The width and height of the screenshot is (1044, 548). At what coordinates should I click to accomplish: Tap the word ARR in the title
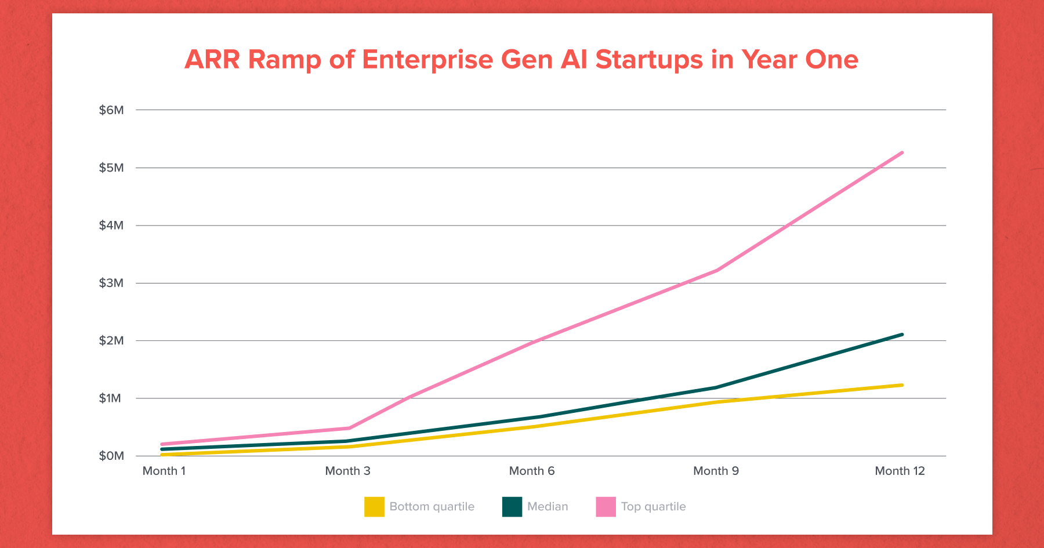pyautogui.click(x=212, y=60)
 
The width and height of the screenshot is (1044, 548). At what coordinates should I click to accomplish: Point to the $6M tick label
pyautogui.click(x=111, y=110)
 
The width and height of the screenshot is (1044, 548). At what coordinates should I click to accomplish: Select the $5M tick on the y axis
pyautogui.click(x=111, y=168)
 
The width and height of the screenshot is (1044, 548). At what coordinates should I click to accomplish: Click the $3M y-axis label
pyautogui.click(x=111, y=283)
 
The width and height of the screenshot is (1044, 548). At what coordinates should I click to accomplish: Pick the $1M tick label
pyautogui.click(x=110, y=398)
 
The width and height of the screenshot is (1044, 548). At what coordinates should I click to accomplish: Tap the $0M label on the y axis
pyautogui.click(x=111, y=456)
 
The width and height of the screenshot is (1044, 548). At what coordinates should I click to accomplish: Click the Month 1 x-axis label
pyautogui.click(x=164, y=471)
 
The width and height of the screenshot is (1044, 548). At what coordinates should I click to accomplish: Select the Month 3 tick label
pyautogui.click(x=347, y=471)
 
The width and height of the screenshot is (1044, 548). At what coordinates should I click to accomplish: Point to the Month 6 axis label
pyautogui.click(x=532, y=471)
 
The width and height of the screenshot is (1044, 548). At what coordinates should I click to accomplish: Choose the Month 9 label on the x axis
pyautogui.click(x=716, y=471)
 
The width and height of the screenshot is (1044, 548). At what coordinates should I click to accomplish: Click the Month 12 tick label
pyautogui.click(x=900, y=471)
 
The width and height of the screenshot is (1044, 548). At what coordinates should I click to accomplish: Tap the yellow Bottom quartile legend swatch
pyautogui.click(x=374, y=507)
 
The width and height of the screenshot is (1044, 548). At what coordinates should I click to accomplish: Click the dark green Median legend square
pyautogui.click(x=512, y=507)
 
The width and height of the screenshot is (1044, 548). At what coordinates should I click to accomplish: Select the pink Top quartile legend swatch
pyautogui.click(x=606, y=507)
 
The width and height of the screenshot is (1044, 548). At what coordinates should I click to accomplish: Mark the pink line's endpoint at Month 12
pyautogui.click(x=902, y=153)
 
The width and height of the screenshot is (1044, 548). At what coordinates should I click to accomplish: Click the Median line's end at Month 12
pyautogui.click(x=902, y=335)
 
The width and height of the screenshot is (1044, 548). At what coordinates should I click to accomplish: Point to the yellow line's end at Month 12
pyautogui.click(x=902, y=385)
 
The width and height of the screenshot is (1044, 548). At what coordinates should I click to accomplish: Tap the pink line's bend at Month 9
pyautogui.click(x=717, y=270)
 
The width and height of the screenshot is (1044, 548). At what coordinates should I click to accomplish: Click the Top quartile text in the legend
pyautogui.click(x=653, y=507)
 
